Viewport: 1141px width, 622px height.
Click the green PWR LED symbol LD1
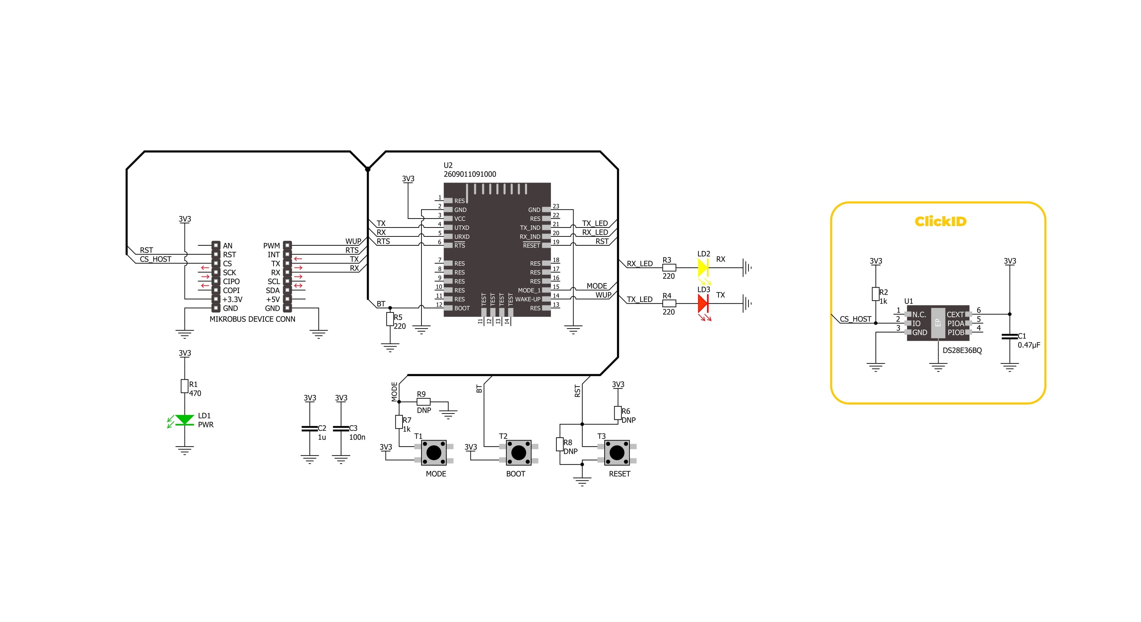[x=184, y=420]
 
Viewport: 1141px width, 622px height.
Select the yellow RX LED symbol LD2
[x=703, y=267]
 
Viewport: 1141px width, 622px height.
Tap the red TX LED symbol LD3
[x=703, y=303]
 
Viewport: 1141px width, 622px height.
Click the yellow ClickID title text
[x=940, y=221]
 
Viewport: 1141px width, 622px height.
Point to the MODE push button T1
[x=434, y=452]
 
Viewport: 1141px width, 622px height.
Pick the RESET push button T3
[x=617, y=452]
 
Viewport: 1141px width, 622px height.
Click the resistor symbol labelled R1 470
[x=184, y=386]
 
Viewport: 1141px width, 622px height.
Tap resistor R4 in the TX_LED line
[x=669, y=303]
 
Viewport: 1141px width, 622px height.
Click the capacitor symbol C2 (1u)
[x=310, y=429]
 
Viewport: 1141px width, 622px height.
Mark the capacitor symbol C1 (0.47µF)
[x=1010, y=337]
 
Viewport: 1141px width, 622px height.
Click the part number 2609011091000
[x=469, y=174]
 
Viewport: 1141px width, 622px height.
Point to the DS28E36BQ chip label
[x=962, y=350]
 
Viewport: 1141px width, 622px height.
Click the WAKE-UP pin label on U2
[x=527, y=299]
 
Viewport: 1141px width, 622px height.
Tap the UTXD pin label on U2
[x=462, y=228]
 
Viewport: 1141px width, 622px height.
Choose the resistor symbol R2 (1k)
[x=875, y=294]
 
